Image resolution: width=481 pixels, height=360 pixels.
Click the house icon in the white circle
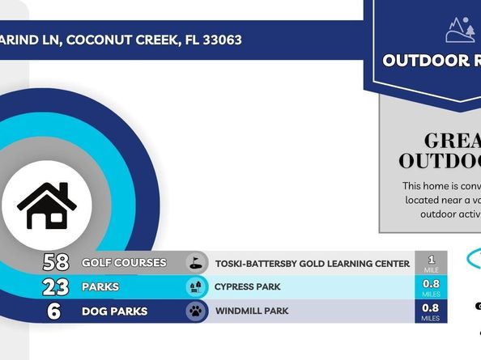(46, 205)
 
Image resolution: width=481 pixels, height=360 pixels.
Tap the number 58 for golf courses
(55, 263)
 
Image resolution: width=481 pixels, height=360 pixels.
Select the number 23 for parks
(55, 287)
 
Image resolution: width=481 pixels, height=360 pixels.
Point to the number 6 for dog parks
(54, 311)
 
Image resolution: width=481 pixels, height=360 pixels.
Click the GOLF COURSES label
(124, 263)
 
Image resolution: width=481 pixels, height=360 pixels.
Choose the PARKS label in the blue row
(100, 287)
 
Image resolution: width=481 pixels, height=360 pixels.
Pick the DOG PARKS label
(114, 311)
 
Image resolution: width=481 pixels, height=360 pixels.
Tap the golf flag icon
(195, 263)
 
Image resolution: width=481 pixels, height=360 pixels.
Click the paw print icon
(195, 311)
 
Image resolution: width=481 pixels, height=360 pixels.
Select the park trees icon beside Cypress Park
(195, 287)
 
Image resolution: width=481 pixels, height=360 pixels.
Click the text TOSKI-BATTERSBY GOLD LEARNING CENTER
(312, 264)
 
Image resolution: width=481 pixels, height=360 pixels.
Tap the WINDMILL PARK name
(252, 311)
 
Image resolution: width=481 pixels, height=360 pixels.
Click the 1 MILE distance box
(431, 263)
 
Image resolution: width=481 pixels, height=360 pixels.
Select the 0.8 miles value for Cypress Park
(431, 287)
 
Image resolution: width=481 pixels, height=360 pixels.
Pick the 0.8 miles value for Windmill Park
(431, 311)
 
